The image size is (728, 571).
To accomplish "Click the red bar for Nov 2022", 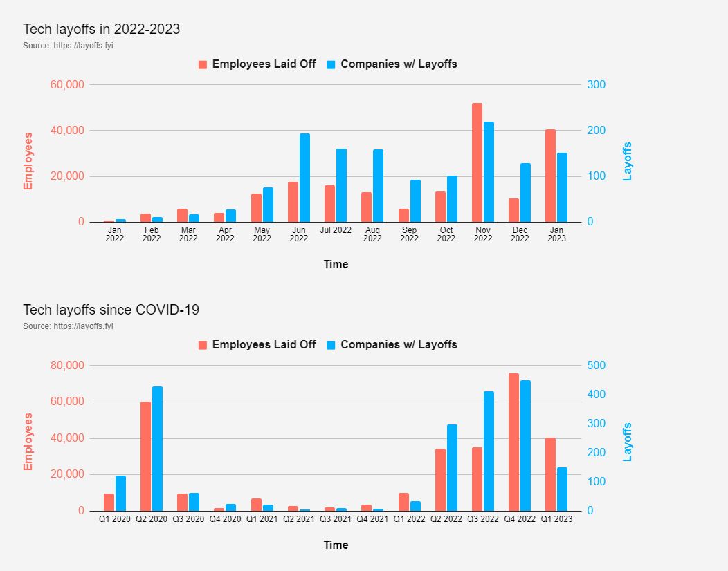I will pyautogui.click(x=477, y=162).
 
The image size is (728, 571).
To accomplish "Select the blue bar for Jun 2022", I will pyautogui.click(x=304, y=178).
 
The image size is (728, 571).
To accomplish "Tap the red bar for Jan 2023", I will pyautogui.click(x=550, y=176).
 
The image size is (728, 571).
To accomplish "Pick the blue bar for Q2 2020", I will pyautogui.click(x=158, y=449).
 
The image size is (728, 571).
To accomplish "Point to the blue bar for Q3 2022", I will pyautogui.click(x=489, y=451).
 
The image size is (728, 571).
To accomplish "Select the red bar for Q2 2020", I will pyautogui.click(x=145, y=456).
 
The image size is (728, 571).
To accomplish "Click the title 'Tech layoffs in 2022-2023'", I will pyautogui.click(x=101, y=29).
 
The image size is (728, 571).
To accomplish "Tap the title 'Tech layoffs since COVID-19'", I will pyautogui.click(x=111, y=310).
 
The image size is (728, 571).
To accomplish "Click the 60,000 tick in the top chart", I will pyautogui.click(x=67, y=84).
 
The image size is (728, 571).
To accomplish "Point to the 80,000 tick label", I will pyautogui.click(x=67, y=365).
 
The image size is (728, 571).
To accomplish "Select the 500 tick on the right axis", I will pyautogui.click(x=597, y=365).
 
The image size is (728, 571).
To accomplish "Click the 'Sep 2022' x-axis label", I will pyautogui.click(x=409, y=234).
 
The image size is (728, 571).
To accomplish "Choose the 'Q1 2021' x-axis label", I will pyautogui.click(x=262, y=519).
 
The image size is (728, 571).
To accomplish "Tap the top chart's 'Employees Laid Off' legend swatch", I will pyautogui.click(x=203, y=64).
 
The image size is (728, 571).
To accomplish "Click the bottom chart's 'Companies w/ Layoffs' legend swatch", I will pyautogui.click(x=331, y=345).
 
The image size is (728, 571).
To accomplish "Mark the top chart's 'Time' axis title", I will pyautogui.click(x=336, y=264).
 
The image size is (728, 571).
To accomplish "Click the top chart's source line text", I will pyautogui.click(x=68, y=46).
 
